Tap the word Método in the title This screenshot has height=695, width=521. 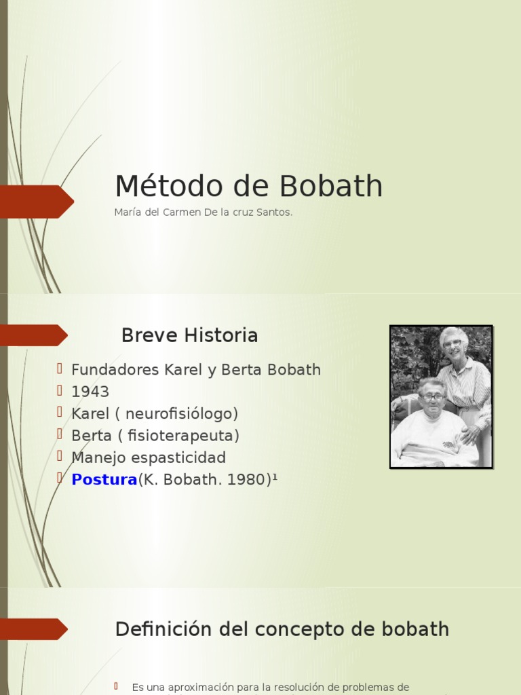159,187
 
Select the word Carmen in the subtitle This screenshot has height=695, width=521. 178,212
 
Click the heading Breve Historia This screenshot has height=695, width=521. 189,335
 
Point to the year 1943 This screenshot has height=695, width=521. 90,392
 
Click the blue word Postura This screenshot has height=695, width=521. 104,480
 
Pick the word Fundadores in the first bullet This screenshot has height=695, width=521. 116,371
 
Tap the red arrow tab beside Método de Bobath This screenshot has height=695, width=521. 37,202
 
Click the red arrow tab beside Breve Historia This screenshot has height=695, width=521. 34,335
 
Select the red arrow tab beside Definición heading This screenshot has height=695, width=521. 34,629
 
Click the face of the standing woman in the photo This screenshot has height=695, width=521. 452,341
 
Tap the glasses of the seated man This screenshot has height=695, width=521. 433,396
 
